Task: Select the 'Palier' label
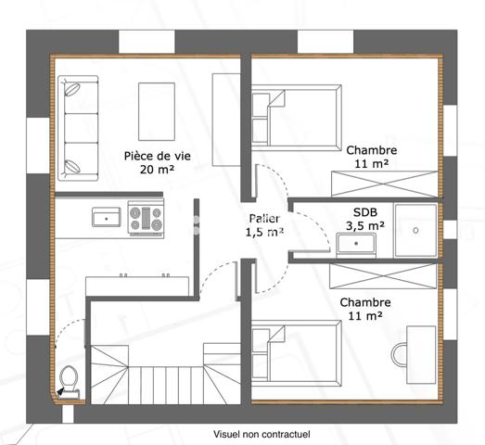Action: point(263,218)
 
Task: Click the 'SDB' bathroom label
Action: point(365,210)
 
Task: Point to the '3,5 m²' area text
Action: point(365,224)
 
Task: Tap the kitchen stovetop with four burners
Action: point(145,218)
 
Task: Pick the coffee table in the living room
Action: point(158,108)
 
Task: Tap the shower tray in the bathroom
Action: point(415,228)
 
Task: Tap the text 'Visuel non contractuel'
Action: point(261,433)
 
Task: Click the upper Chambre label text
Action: point(372,149)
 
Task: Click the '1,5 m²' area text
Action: point(263,232)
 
